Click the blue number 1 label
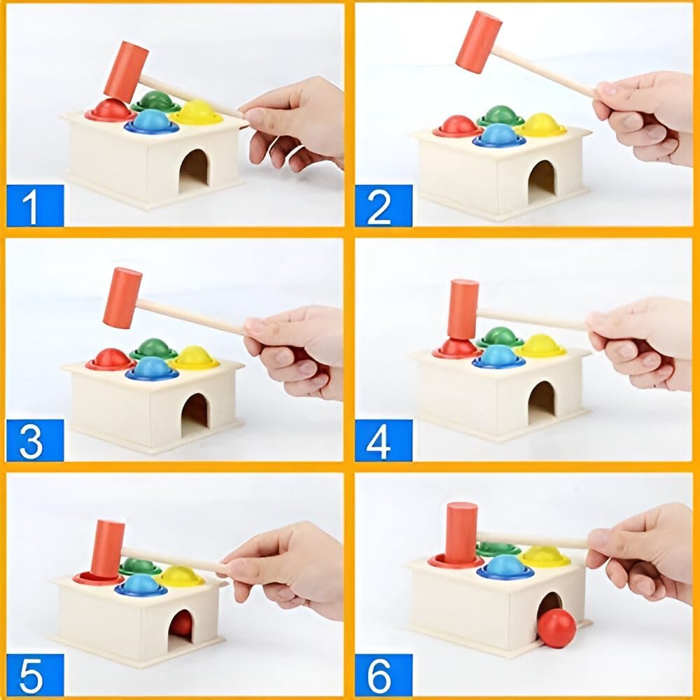tap(35, 205)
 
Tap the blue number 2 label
tap(384, 205)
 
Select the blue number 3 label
tap(35, 440)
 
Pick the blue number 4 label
tap(384, 440)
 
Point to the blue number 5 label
tap(35, 675)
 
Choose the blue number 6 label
tap(384, 675)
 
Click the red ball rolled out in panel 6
tap(556, 628)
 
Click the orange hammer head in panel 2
tap(478, 42)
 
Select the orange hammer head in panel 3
tap(122, 297)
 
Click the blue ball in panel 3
tap(153, 367)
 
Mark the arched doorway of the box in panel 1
tap(194, 171)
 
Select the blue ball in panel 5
tap(140, 584)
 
